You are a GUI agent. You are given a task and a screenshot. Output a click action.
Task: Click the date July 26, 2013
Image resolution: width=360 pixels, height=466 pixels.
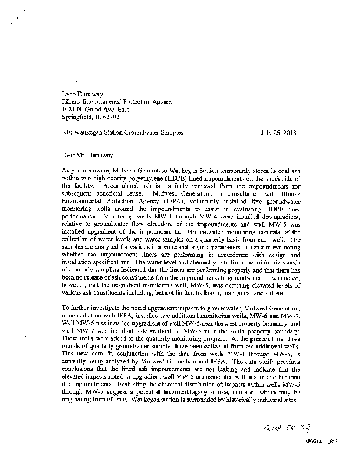(x=279, y=132)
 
